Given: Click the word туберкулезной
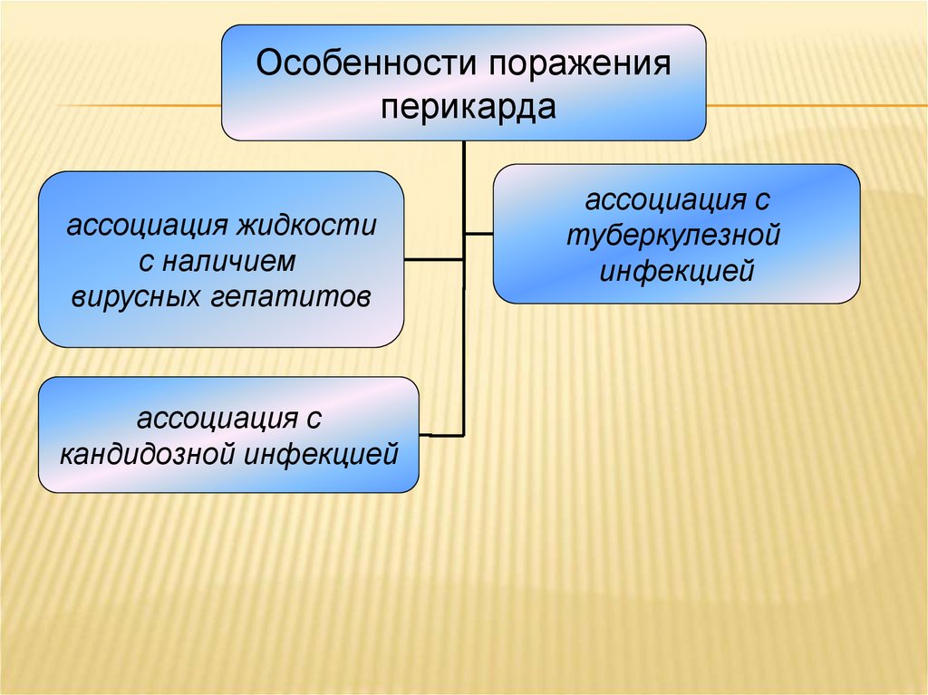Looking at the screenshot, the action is point(675,235).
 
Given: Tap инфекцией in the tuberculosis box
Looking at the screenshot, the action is point(677,270).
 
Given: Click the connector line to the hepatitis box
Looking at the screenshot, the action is point(433,260).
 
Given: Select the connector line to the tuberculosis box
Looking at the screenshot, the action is point(479,233).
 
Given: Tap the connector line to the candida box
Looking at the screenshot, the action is point(441,435).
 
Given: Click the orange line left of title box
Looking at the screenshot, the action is point(136,107).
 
